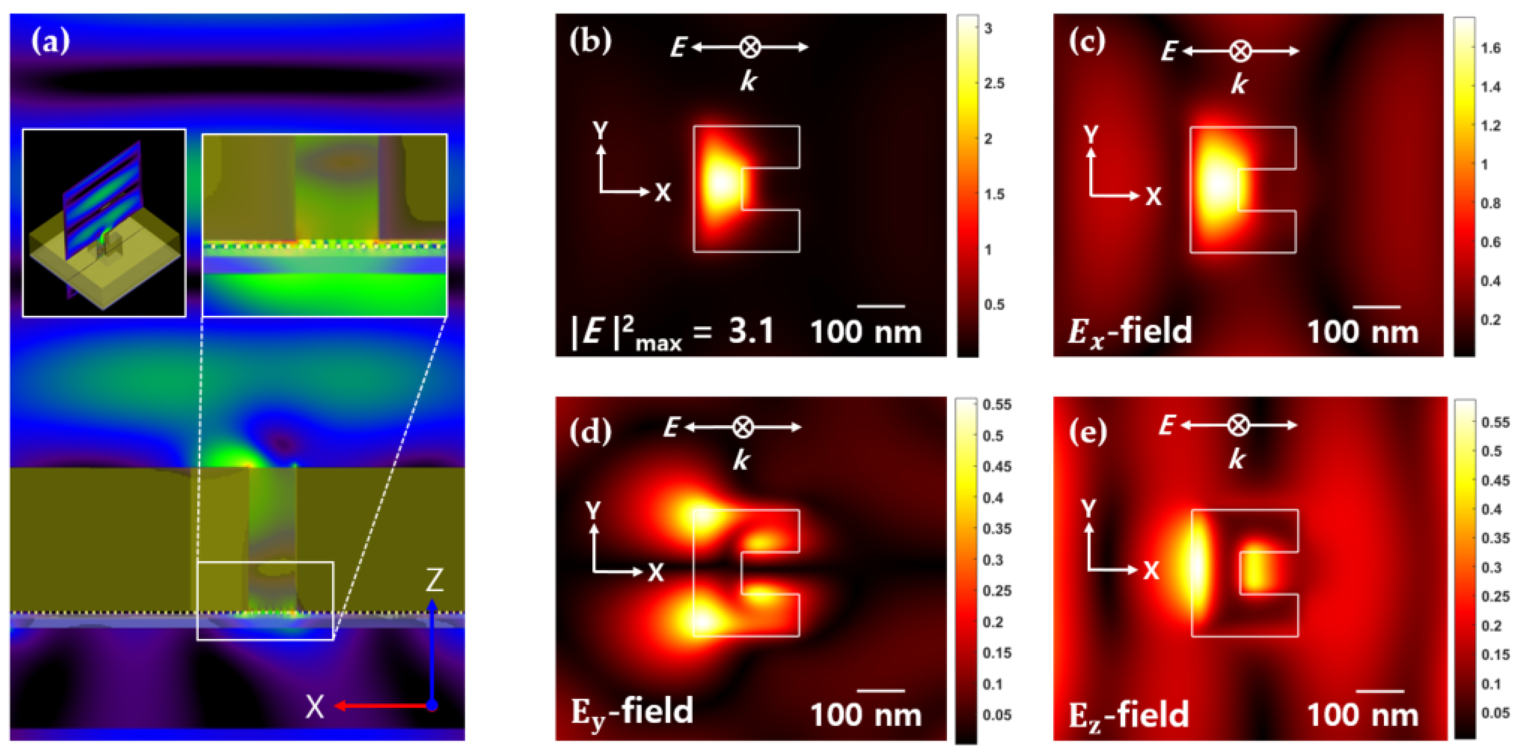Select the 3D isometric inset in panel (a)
point(104,223)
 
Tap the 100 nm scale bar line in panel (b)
point(881,306)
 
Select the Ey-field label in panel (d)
point(632,712)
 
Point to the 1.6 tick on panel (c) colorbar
point(1490,48)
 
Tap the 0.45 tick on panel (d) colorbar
point(997,466)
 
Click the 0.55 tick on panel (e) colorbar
point(1495,422)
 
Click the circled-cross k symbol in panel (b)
point(749,47)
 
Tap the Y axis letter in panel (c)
point(1091,135)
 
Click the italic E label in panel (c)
point(1169,52)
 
